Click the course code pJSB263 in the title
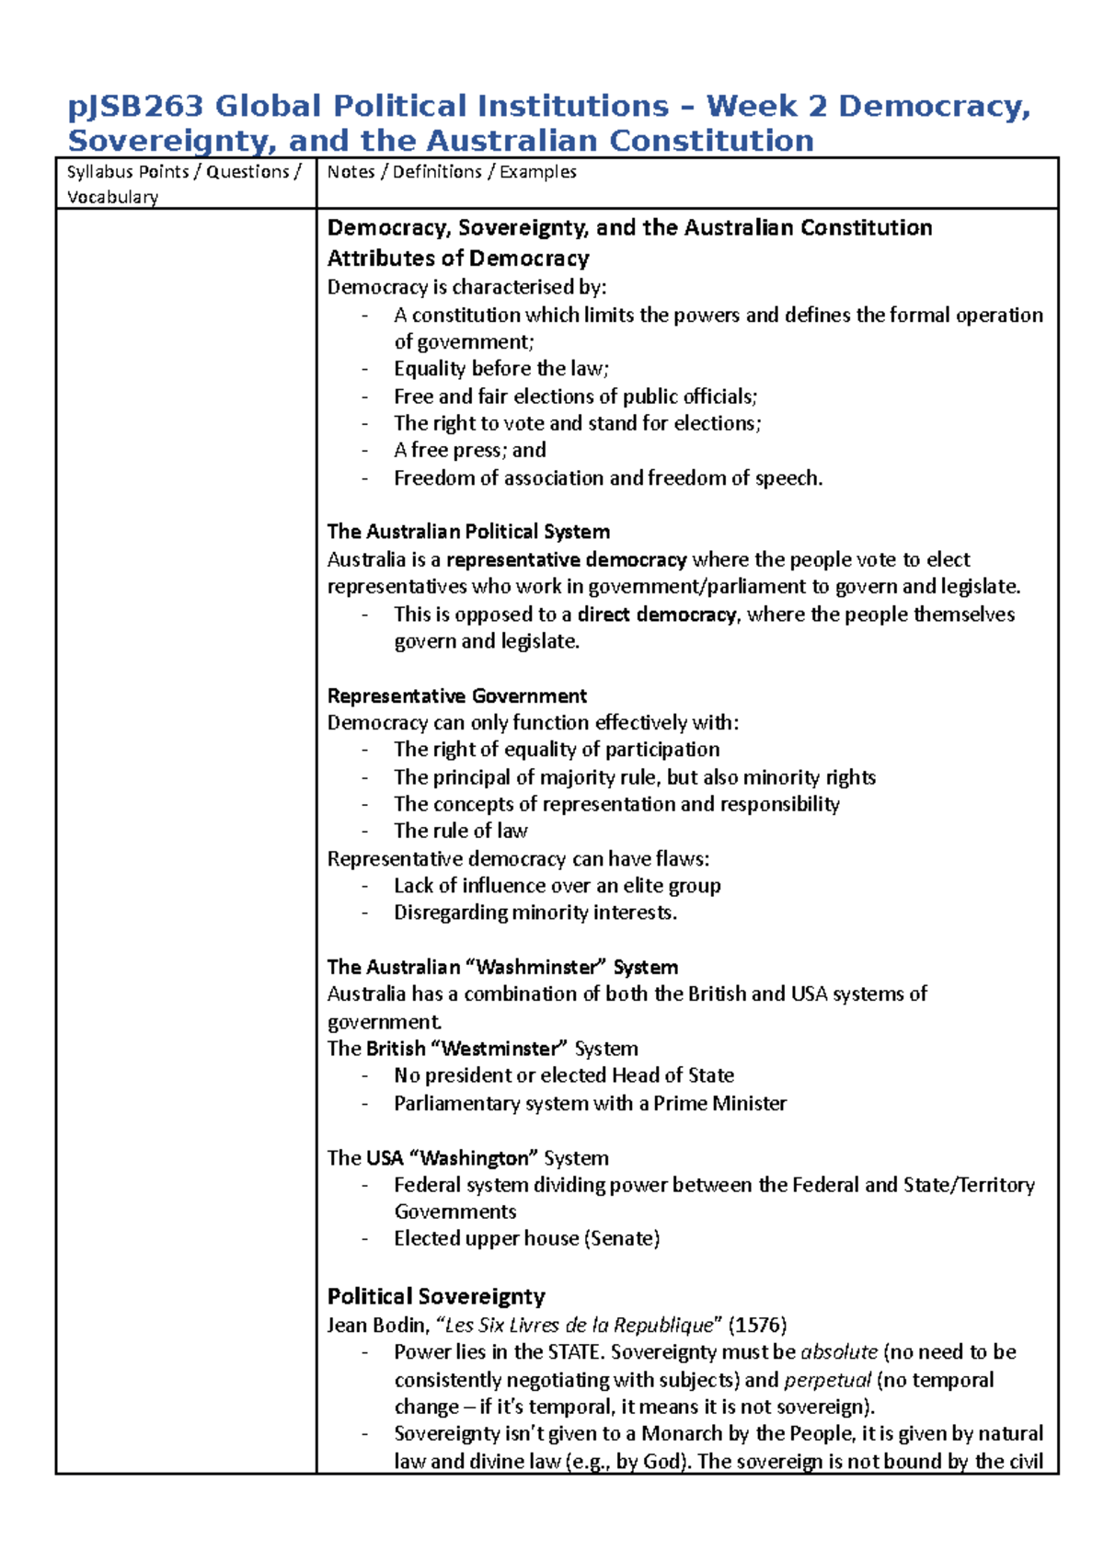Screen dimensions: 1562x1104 point(134,107)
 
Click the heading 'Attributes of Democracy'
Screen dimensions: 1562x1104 point(457,258)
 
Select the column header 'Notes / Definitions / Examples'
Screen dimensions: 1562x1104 point(451,172)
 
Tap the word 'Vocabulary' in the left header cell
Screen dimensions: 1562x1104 point(112,197)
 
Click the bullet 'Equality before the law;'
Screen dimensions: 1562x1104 point(500,369)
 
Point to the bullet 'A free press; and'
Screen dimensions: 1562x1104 point(469,450)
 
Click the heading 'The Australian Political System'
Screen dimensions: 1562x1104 point(467,532)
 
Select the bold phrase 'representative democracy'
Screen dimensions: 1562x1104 point(566,559)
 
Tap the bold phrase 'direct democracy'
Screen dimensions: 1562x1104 point(656,614)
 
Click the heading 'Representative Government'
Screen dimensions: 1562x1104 point(456,695)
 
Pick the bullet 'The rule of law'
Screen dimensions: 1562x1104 point(460,831)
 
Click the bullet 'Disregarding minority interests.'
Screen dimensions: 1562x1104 point(535,913)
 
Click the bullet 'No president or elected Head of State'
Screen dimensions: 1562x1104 point(563,1075)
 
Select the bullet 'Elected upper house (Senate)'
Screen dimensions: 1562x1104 point(526,1238)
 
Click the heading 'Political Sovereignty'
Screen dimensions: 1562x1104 point(436,1296)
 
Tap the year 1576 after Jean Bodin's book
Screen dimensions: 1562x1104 point(757,1325)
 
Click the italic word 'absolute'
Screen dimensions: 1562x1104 point(839,1352)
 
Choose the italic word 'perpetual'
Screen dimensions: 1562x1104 point(827,1380)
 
